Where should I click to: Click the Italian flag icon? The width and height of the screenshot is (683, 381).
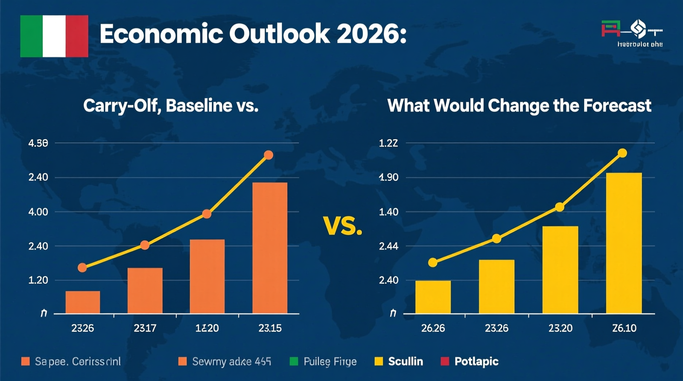(x=54, y=36)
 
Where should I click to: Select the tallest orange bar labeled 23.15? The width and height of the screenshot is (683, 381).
(x=270, y=248)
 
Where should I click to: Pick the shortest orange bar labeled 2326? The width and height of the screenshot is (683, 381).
(x=83, y=302)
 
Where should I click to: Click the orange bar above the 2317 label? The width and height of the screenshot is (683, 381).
(x=145, y=290)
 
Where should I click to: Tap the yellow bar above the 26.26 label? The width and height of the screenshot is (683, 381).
(x=433, y=297)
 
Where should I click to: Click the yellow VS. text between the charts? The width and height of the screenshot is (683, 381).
(x=343, y=226)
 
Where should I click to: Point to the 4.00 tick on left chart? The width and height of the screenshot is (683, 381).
(x=38, y=212)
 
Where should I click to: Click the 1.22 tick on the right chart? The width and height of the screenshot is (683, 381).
(x=388, y=143)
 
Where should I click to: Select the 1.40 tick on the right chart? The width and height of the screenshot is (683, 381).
(x=388, y=212)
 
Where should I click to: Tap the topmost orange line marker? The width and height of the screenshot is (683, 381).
(x=269, y=155)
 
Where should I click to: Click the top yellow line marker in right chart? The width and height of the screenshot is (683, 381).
(x=622, y=153)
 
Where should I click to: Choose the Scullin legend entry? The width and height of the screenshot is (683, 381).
(x=405, y=361)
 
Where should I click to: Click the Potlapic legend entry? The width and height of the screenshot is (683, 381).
(x=476, y=361)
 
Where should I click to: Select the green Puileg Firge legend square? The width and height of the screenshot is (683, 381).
(x=294, y=361)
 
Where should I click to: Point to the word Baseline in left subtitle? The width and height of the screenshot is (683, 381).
(x=198, y=106)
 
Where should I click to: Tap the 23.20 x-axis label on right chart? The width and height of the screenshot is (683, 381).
(x=560, y=328)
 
